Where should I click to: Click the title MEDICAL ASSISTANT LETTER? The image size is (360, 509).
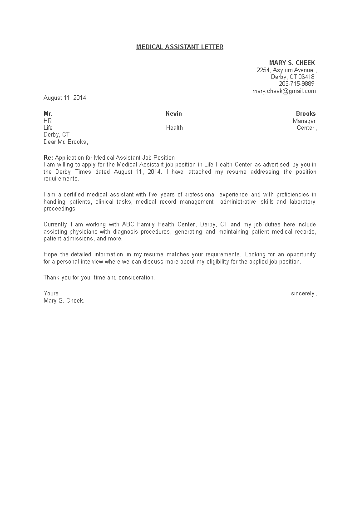180,47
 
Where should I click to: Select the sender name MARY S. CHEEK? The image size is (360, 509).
292,63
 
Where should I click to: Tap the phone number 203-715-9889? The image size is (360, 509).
296,84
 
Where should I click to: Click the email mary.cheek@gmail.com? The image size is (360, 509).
284,91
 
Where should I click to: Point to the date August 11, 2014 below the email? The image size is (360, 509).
64,98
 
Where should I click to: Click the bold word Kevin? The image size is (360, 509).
174,113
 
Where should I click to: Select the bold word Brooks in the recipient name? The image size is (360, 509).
306,113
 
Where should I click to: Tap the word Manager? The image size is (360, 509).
304,121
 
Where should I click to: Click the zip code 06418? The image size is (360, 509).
306,77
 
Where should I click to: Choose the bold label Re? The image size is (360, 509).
48,157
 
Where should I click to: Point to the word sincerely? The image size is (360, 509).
303,294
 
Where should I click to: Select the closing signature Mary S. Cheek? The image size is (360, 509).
64,301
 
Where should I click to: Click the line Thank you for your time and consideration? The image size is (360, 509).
99,277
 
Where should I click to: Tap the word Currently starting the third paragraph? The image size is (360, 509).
55,225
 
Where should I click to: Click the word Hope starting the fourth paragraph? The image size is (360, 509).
50,254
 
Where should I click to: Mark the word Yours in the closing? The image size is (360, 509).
51,294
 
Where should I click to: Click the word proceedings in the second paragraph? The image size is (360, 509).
60,209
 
